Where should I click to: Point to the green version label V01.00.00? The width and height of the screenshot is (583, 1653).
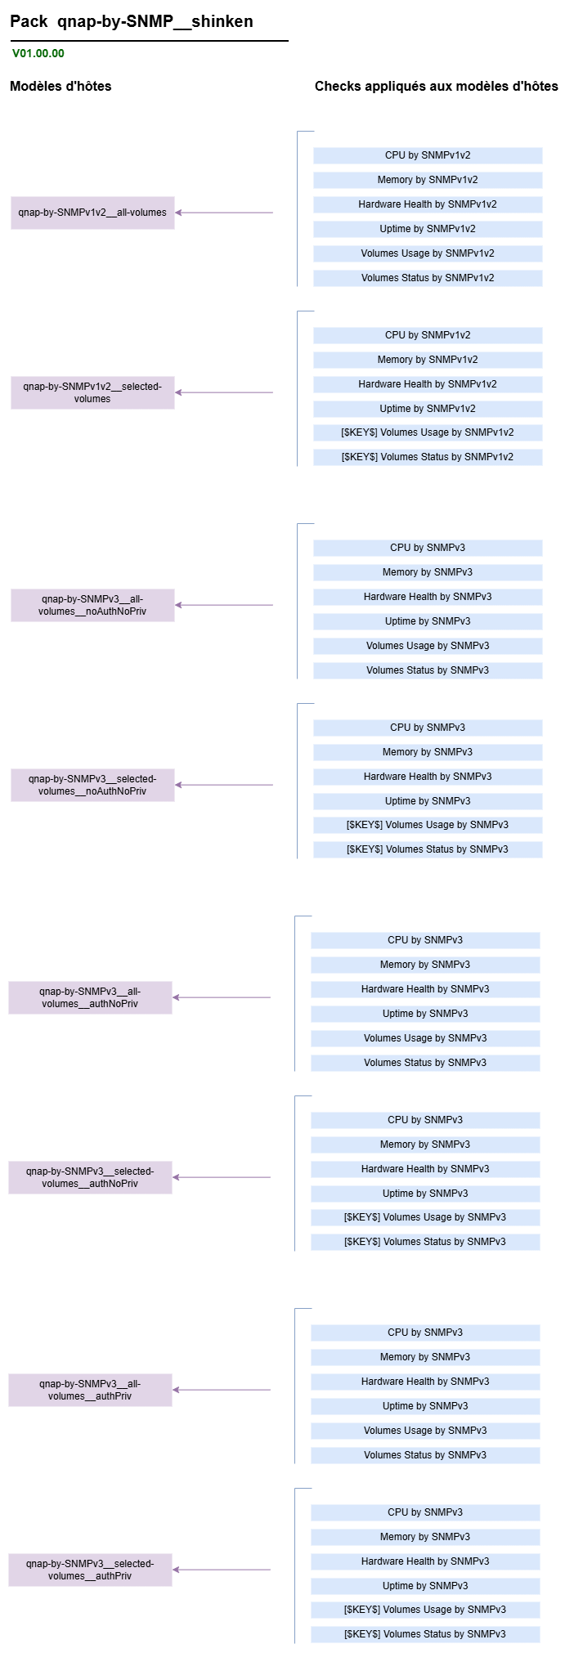tap(38, 54)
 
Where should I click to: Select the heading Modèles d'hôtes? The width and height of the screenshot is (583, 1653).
tap(61, 86)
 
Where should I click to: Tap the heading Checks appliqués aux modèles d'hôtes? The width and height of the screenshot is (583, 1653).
tap(437, 86)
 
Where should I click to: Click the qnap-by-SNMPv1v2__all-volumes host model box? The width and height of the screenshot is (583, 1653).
tap(92, 213)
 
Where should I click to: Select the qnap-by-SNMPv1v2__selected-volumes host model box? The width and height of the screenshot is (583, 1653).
tap(92, 392)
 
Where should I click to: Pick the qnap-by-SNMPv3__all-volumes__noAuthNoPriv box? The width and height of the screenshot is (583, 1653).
tap(92, 605)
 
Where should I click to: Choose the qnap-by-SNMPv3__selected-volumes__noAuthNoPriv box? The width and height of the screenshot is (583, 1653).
tap(92, 785)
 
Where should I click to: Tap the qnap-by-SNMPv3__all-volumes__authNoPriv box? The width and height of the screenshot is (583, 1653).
tap(90, 997)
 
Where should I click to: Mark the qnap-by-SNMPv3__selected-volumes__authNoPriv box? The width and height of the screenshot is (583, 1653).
tap(90, 1177)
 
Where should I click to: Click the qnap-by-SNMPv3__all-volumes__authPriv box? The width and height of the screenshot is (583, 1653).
tap(90, 1390)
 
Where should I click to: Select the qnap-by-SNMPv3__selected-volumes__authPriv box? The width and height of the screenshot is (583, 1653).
tap(90, 1570)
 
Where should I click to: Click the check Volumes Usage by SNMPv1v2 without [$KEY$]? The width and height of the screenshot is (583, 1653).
tap(428, 253)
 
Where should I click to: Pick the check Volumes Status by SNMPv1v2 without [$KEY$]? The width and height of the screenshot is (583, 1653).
tap(428, 278)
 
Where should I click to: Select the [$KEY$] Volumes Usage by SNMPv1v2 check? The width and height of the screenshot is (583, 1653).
tap(428, 432)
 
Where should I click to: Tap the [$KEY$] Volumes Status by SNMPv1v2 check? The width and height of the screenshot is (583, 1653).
tap(428, 457)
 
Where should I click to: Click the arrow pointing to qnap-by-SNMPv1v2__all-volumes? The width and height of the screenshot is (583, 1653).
tap(224, 213)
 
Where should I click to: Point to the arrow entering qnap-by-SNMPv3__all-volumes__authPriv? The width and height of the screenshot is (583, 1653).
tap(222, 1390)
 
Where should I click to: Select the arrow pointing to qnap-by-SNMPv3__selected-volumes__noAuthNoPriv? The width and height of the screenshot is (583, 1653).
tap(224, 785)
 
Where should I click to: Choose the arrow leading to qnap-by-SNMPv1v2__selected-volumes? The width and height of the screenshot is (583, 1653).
tap(224, 392)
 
